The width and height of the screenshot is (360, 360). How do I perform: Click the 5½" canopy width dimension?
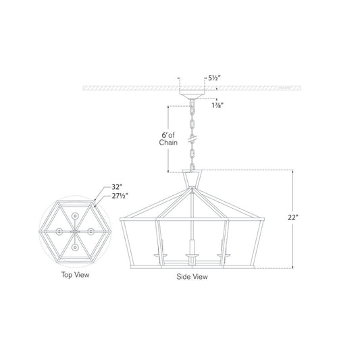tap(214, 78)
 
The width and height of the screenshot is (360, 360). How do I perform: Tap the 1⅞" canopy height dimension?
tap(217, 105)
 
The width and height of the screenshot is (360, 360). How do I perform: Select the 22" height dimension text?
tap(293, 217)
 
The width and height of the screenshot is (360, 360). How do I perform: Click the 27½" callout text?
tap(120, 197)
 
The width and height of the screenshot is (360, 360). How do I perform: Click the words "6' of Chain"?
tap(168, 139)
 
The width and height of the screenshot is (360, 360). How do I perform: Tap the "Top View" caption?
tap(75, 275)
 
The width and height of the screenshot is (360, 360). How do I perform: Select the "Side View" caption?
tap(192, 277)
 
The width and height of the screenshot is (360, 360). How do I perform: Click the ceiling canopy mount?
tap(192, 95)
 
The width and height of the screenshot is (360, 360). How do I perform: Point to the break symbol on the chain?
tap(192, 138)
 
